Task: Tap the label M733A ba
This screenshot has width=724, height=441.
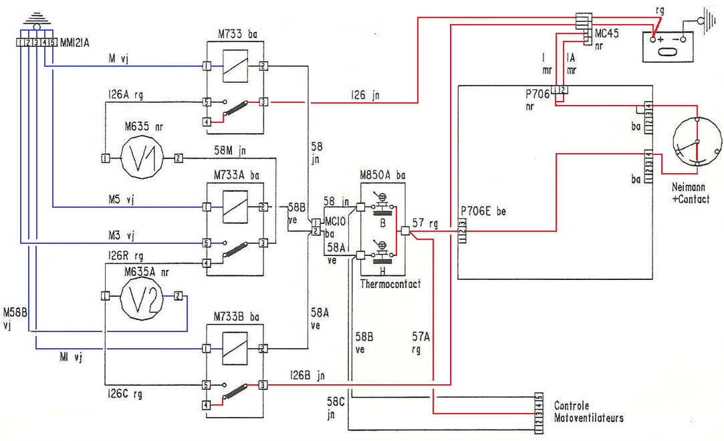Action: tap(238, 174)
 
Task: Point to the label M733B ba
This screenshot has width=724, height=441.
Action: tap(238, 315)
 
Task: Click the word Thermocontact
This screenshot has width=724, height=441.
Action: tap(391, 284)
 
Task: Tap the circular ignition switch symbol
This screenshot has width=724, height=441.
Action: tap(696, 142)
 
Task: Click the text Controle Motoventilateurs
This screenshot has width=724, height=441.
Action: tap(588, 412)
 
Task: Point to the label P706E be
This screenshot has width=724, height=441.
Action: tap(483, 211)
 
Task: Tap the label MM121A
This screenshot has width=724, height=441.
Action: tap(75, 43)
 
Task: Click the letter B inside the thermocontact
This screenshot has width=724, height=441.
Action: tap(383, 223)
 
